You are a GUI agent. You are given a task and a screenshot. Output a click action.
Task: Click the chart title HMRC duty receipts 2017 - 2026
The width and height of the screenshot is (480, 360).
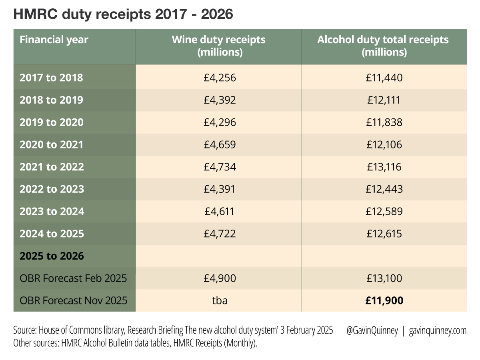click(123, 14)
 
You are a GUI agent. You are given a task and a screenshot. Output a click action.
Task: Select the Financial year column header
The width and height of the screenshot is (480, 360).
click(54, 40)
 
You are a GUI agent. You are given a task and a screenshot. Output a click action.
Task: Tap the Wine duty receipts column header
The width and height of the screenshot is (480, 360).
click(218, 46)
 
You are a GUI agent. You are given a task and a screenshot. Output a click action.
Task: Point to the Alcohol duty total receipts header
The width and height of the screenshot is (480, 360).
click(383, 46)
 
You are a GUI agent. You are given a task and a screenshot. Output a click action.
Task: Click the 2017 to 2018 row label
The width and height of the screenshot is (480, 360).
click(51, 78)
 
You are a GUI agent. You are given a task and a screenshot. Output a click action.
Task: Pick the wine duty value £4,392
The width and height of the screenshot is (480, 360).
click(218, 100)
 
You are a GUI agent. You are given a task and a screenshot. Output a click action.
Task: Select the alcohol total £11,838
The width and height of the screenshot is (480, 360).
click(384, 122)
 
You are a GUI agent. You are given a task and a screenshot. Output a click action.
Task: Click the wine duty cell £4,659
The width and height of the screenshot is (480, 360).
click(218, 144)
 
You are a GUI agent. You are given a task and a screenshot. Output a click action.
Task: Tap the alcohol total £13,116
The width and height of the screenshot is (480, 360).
click(384, 167)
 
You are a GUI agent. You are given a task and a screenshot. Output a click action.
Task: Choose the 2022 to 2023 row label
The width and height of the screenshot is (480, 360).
click(52, 189)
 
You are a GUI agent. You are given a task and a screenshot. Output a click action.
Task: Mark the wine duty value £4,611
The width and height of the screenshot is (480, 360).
click(218, 211)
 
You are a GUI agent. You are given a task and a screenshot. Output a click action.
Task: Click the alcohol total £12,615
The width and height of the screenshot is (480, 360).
click(384, 234)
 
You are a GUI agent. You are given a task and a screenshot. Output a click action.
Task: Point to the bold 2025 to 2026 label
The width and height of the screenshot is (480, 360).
click(52, 256)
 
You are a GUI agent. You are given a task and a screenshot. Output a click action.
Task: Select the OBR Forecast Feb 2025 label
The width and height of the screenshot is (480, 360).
click(73, 278)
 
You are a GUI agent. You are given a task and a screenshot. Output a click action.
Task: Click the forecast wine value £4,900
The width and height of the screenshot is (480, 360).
click(218, 278)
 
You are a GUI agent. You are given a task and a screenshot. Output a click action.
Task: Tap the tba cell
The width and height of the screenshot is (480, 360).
click(219, 300)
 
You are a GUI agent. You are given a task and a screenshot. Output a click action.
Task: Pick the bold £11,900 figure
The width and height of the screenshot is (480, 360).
click(384, 300)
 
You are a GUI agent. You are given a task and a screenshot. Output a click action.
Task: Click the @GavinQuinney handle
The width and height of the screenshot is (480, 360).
click(372, 331)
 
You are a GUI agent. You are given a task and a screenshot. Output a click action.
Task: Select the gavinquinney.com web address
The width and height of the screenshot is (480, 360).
click(438, 331)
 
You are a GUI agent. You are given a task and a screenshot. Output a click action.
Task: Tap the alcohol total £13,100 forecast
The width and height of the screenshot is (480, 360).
click(384, 278)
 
